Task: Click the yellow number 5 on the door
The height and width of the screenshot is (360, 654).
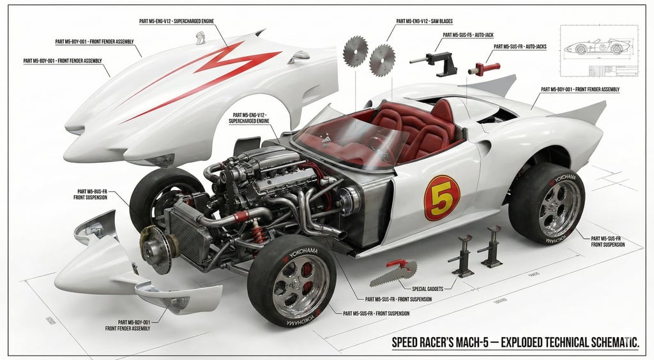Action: (441, 197)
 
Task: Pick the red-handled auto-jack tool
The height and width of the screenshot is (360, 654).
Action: (484, 68)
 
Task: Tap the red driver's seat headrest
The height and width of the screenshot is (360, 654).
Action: (441, 113)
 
